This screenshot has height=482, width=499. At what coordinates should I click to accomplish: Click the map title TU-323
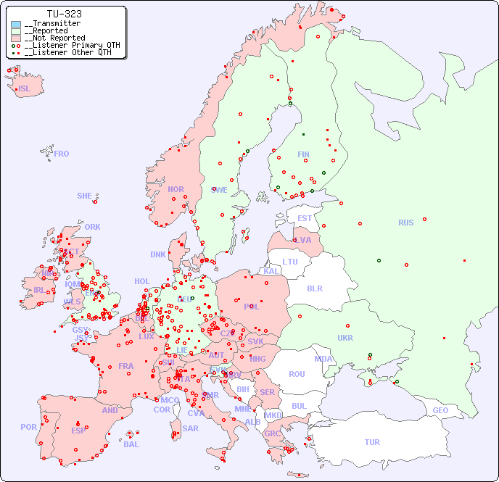pos(64,14)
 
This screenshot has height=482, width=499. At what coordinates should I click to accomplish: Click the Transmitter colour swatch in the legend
pos(16,24)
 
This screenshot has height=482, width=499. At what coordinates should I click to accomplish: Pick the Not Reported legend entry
pos(54,38)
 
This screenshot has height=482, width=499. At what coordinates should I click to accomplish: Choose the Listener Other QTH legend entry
pos(66,52)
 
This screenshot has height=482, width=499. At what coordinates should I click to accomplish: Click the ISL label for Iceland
pos(25,89)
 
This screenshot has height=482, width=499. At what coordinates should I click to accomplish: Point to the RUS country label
pos(405,223)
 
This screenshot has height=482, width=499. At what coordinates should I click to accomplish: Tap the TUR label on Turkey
pos(372,442)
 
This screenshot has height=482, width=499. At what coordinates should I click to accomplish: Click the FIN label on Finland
pos(303,154)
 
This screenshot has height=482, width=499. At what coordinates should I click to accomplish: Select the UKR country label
pos(345,338)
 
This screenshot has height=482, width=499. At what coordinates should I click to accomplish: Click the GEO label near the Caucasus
pos(440,410)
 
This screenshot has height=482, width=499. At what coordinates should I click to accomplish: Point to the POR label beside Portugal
pos(28,427)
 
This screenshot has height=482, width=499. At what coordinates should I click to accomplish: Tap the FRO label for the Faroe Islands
pos(62,154)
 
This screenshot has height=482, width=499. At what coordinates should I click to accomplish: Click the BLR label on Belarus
pos(314,288)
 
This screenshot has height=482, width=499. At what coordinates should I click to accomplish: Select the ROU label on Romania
pos(297,374)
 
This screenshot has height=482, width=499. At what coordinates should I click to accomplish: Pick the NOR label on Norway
pos(176,189)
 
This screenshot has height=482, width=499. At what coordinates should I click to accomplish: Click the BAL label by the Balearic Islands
pos(131,444)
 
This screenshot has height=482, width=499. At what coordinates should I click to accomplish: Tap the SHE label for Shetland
pos(85,196)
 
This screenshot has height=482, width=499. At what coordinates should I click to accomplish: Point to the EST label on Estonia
pos(305,218)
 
